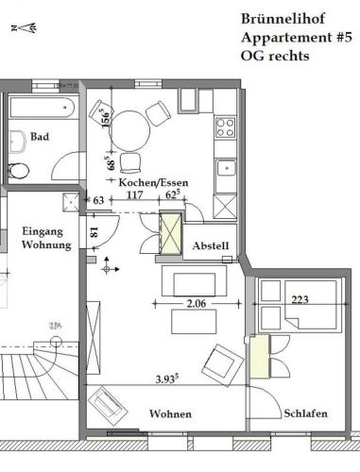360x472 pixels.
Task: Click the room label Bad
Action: (40, 137)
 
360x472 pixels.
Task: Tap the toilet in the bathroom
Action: (18, 171)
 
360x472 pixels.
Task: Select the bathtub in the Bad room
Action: (43, 108)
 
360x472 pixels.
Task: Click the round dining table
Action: (129, 131)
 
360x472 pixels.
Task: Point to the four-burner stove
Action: (226, 127)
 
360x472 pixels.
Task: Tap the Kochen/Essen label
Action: (153, 182)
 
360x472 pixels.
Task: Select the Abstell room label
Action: (211, 245)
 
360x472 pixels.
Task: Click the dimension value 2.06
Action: (197, 303)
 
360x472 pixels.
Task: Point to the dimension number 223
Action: (300, 299)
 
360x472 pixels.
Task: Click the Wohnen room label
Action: (170, 413)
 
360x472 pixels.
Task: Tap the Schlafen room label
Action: (305, 413)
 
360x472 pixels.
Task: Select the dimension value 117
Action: (135, 195)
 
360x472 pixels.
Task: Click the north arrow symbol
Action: (25, 28)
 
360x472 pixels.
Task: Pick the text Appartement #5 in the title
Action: (297, 38)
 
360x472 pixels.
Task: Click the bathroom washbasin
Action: (17, 142)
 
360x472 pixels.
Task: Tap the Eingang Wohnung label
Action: (46, 238)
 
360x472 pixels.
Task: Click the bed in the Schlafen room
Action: (311, 305)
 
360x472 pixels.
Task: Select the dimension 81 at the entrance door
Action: (94, 232)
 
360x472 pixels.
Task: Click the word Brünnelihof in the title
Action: (283, 19)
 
